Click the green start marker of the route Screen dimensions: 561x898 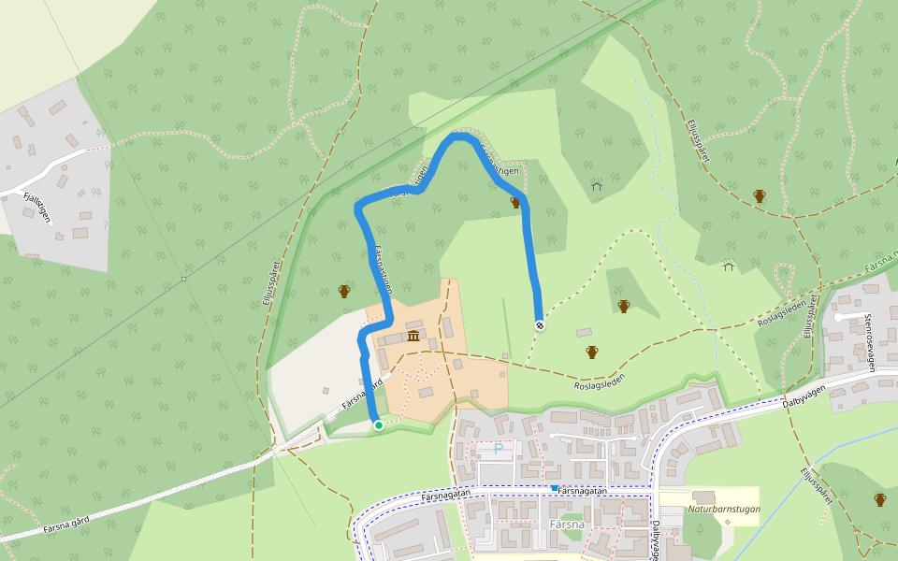378,425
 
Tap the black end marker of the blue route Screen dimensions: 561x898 540,325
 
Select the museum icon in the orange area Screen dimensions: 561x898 413,336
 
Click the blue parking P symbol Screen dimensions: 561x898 499,450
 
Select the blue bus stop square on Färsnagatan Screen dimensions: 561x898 555,488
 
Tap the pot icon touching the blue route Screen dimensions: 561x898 514,202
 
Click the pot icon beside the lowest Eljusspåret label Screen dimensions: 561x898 880,499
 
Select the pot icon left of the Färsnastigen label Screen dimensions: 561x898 344,292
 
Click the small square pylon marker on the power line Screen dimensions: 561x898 184,279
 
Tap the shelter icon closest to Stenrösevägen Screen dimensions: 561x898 729,266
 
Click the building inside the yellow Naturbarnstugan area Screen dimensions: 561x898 703,496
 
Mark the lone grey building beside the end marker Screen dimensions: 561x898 585,332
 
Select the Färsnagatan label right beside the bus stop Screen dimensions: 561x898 585,490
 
